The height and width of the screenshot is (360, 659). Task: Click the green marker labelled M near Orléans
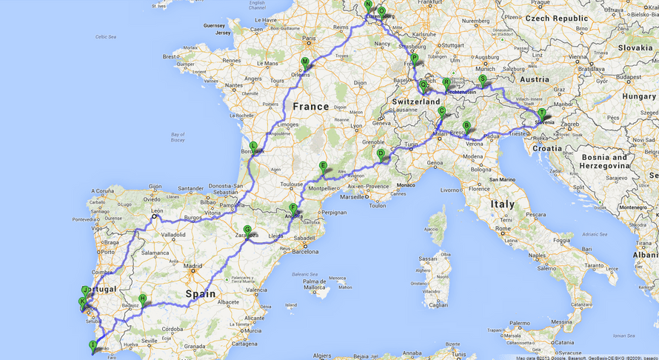(x=305, y=63)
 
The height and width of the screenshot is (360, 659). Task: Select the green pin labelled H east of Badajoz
(x=142, y=299)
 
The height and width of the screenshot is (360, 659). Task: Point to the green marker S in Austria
(x=482, y=79)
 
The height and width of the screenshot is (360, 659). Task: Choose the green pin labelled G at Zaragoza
(x=247, y=230)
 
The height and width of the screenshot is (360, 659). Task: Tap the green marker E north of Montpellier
(x=323, y=167)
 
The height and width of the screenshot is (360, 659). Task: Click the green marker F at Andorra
(x=293, y=209)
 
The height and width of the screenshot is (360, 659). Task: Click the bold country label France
(x=310, y=107)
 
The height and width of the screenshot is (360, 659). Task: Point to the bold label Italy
(x=503, y=204)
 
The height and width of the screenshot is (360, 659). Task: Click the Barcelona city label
(x=305, y=251)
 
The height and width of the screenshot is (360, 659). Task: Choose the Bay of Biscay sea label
(x=177, y=136)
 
